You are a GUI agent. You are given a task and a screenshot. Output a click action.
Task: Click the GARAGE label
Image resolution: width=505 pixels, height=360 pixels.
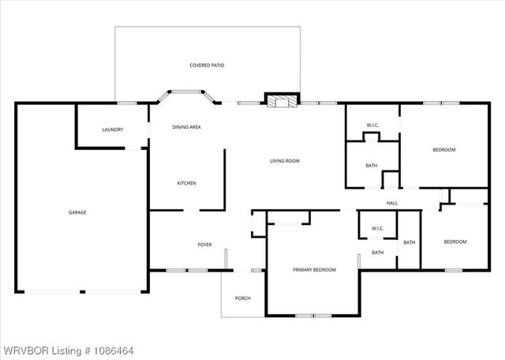point(77,212)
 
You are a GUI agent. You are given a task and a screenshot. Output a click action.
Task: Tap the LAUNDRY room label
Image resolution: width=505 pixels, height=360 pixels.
point(113,129)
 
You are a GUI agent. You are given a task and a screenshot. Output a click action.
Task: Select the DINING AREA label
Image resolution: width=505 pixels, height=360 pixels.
point(186,126)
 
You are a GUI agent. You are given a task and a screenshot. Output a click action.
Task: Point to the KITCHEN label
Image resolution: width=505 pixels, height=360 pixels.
point(186,183)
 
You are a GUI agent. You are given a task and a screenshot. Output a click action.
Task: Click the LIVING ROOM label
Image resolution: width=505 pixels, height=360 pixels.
point(285,161)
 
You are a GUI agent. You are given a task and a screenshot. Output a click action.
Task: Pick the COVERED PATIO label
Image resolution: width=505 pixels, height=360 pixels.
point(207,65)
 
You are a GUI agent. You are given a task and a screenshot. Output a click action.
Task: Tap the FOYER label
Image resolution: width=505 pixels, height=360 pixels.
point(204,245)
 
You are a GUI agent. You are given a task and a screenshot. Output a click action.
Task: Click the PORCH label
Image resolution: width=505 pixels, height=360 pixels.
point(242,298)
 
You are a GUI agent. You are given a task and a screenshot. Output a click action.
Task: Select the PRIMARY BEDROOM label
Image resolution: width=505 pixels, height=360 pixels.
point(314,270)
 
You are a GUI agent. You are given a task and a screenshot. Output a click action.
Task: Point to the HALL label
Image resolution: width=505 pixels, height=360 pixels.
point(392,204)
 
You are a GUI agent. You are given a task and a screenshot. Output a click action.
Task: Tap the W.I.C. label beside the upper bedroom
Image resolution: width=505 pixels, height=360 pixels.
point(374,126)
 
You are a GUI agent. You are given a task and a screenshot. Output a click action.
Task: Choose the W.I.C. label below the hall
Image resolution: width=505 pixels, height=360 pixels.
point(377,229)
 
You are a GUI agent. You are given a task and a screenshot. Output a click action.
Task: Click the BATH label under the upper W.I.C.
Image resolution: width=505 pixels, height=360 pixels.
point(371,165)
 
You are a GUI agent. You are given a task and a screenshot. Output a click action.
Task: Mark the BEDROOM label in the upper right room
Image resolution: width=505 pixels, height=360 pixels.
point(444,149)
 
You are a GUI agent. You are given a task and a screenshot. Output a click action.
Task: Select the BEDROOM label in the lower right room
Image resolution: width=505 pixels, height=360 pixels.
point(454,242)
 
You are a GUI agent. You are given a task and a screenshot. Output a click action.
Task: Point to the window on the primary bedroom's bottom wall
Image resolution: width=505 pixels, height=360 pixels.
point(313,316)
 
